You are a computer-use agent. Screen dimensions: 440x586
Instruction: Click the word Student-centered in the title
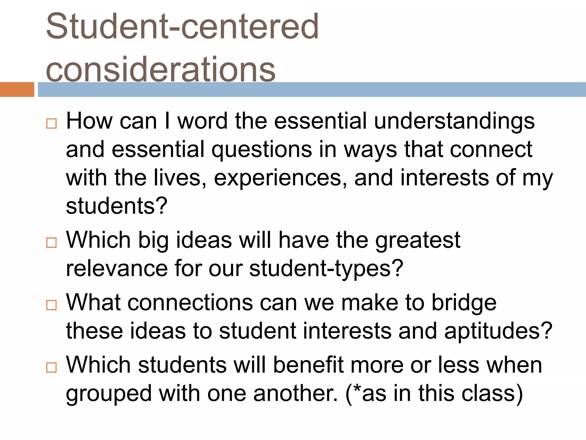[x=182, y=26]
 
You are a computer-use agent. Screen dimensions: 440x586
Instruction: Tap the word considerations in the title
[x=161, y=70]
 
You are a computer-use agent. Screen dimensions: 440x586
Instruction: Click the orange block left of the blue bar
[x=17, y=89]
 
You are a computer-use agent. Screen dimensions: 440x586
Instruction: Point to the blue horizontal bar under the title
[x=312, y=89]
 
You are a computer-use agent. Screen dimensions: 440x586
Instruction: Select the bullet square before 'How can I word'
[x=52, y=123]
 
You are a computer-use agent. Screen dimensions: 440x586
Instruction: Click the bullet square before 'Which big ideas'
[x=52, y=243]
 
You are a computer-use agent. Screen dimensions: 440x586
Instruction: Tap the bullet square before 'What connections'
[x=52, y=305]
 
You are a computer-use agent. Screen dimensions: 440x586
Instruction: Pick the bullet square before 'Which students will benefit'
[x=52, y=367]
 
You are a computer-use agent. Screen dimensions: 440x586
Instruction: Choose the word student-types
[x=326, y=269]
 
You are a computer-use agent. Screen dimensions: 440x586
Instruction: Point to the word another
[x=295, y=393]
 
